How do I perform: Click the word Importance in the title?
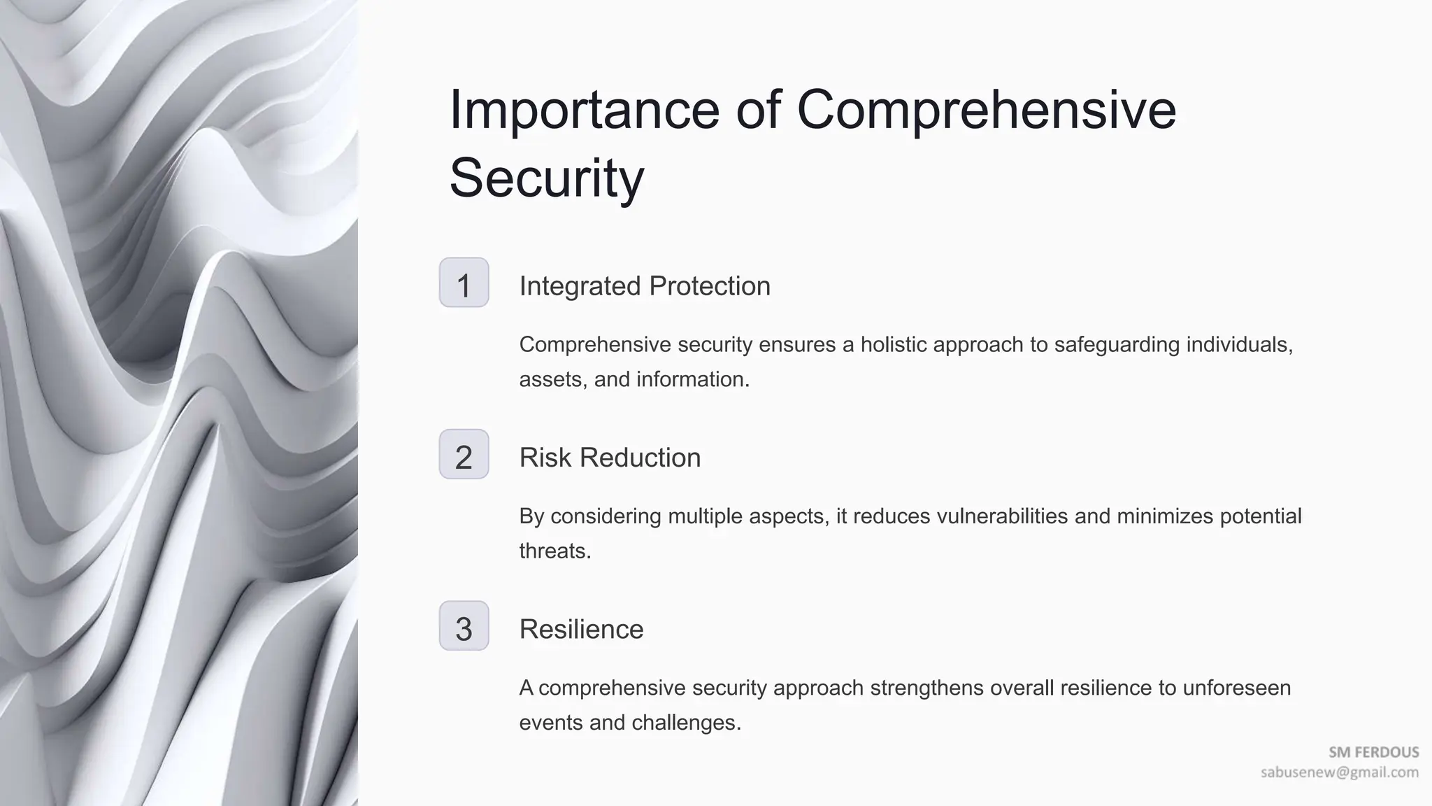[x=584, y=110]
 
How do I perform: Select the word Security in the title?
[x=546, y=178]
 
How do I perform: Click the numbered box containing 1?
[x=464, y=283]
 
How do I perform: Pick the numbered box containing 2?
[x=464, y=455]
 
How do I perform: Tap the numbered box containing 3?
[x=464, y=626]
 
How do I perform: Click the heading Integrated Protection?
[x=644, y=286]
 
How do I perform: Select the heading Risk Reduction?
[x=610, y=458]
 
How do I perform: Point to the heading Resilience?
[x=581, y=630]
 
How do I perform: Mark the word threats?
[x=554, y=551]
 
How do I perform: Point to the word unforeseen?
[x=1236, y=688]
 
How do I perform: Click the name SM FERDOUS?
[x=1373, y=752]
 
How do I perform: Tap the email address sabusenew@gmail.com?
[x=1340, y=772]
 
